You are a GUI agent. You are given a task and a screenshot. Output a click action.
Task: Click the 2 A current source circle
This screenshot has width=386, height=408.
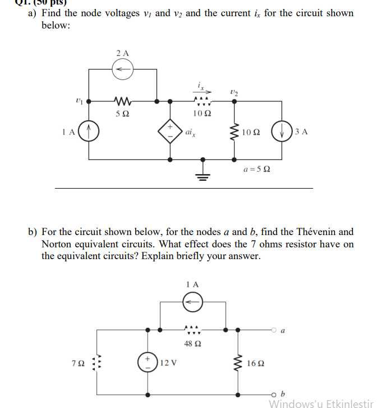coord(122,69)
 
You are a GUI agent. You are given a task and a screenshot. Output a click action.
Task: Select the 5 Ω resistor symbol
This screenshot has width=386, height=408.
coord(122,101)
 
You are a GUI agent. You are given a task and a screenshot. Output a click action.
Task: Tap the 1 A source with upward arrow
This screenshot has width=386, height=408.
coord(86,133)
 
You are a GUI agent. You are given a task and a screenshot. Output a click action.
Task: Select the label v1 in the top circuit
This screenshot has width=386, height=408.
coord(78,101)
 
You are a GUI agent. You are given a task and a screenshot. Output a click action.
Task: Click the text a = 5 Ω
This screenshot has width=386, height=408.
coord(257,168)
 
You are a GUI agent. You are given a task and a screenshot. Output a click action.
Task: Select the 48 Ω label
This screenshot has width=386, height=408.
coord(193,343)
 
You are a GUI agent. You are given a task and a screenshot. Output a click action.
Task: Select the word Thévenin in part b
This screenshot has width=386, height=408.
coord(318,232)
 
